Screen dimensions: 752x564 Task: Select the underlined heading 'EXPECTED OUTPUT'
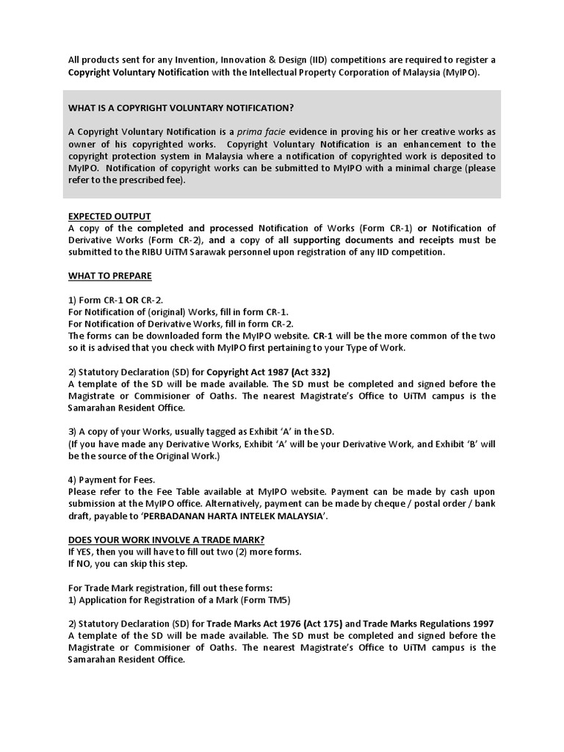coord(109,216)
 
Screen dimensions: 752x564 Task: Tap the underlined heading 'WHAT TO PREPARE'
coord(109,275)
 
